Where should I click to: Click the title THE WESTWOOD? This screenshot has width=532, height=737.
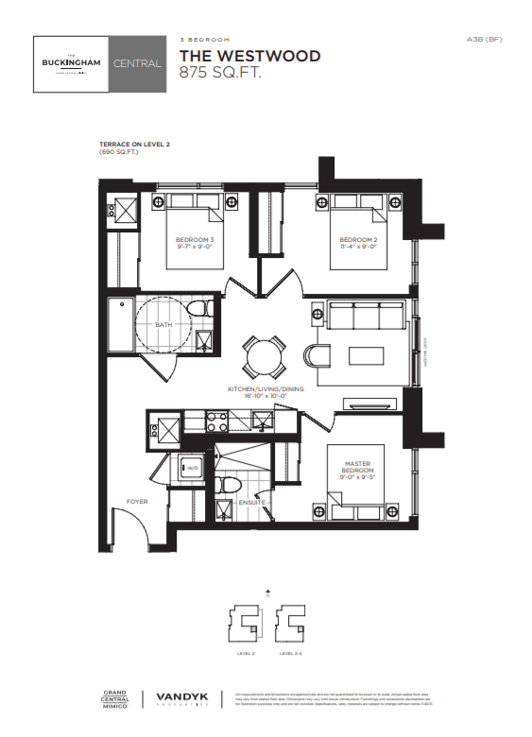point(249,56)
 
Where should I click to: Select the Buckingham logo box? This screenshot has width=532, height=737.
point(70,63)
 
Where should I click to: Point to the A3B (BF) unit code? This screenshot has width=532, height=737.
point(484,39)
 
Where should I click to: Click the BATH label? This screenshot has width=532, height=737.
point(163,326)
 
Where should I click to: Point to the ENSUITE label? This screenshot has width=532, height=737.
point(251,503)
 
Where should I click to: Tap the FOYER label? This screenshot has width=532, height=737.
point(138,502)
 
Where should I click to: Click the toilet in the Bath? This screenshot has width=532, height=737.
point(198,310)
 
